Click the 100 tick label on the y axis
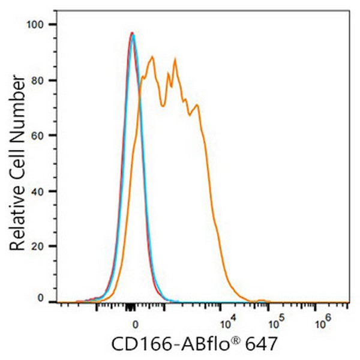coord(38,24)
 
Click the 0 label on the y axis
coord(41,298)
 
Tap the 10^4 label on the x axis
coord(227,324)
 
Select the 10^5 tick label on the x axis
coord(275,324)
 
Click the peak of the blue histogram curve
coord(133,35)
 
